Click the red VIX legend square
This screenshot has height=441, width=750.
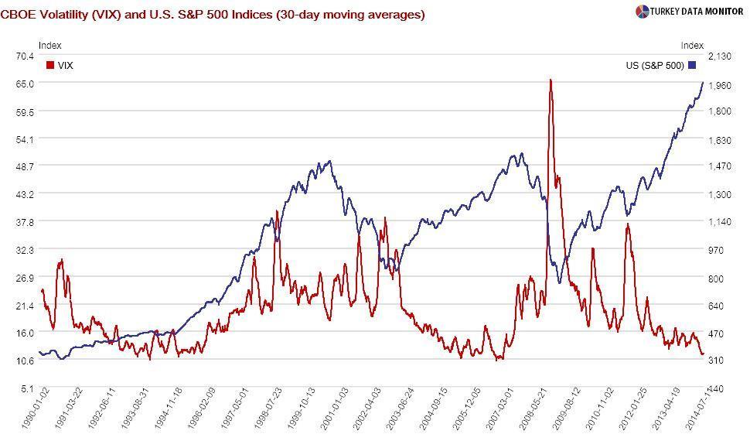tap(51, 66)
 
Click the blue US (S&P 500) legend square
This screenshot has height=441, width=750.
tap(692, 66)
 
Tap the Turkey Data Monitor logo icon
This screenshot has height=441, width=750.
tap(642, 11)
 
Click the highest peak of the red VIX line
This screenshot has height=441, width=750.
tap(550, 80)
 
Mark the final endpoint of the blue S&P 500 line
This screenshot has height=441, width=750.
tap(703, 82)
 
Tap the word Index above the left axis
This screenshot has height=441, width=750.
tap(49, 46)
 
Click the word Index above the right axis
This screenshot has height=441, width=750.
tap(692, 46)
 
